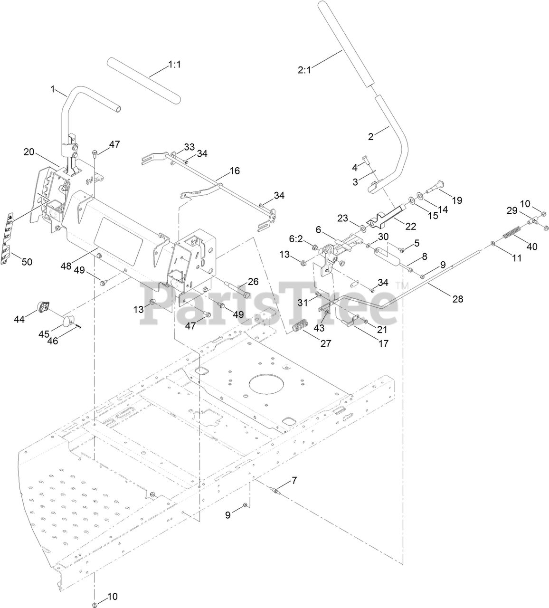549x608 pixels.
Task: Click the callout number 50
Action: point(27,261)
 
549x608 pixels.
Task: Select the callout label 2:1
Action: point(304,70)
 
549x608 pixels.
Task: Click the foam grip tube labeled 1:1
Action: point(144,80)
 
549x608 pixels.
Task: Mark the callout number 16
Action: point(235,171)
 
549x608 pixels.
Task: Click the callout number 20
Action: point(29,152)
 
